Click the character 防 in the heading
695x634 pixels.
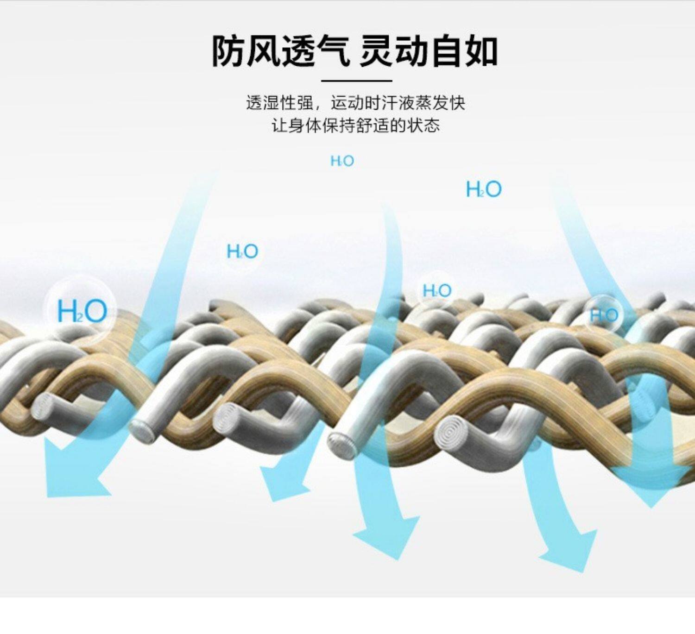coord(228,51)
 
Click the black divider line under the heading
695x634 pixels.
coord(356,81)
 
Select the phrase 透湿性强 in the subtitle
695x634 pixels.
coord(279,103)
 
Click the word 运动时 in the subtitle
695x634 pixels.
coord(355,103)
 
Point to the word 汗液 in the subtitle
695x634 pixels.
coord(398,103)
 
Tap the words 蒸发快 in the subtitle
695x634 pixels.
coord(440,103)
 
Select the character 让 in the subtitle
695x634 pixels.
coord(279,126)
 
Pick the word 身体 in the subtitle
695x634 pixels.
coord(305,126)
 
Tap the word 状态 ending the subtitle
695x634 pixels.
coord(423,126)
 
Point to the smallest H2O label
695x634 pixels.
coord(342,161)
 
